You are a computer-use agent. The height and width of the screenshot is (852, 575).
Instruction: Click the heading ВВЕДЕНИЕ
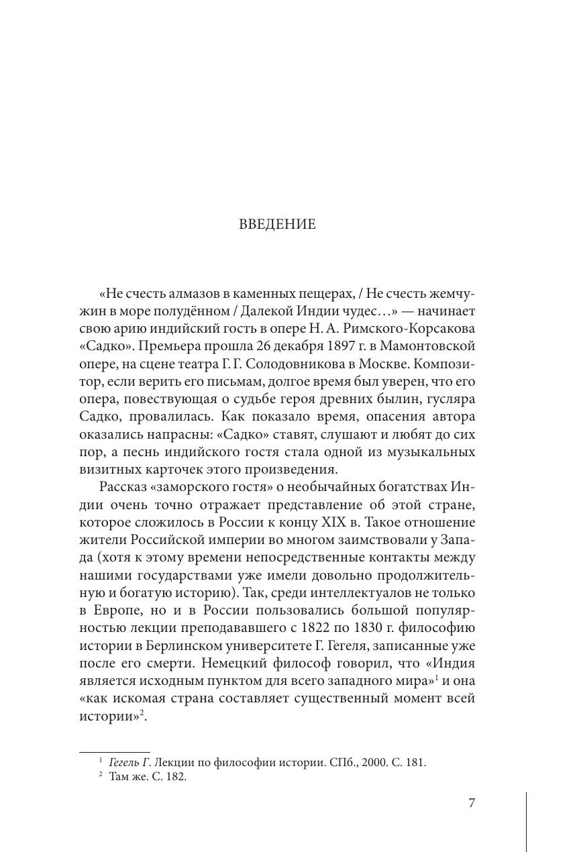click(x=277, y=225)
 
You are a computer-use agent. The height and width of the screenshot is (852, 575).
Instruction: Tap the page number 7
click(x=472, y=803)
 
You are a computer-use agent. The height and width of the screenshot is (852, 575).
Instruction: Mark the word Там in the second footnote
click(x=119, y=778)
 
